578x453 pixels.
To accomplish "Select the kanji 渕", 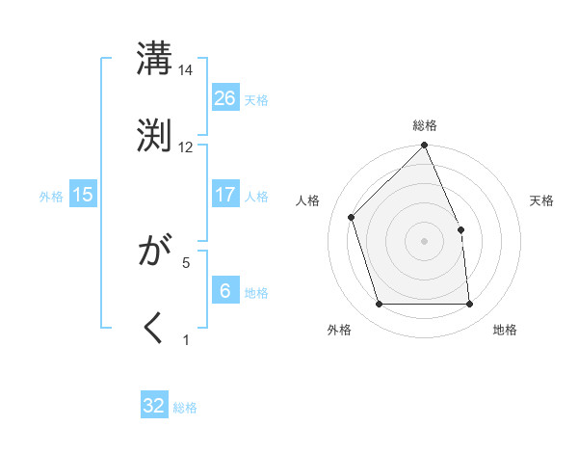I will [154, 134].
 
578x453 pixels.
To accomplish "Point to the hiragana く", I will [154, 328].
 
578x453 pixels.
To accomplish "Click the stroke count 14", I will [186, 70].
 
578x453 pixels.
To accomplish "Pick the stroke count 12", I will [186, 147].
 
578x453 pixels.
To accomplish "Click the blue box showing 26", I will [225, 97].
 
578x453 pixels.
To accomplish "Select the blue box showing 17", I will [225, 195].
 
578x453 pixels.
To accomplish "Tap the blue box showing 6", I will [225, 290].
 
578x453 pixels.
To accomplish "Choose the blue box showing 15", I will [83, 195].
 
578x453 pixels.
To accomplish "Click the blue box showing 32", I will [154, 406].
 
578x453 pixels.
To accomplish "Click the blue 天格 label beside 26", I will [256, 99].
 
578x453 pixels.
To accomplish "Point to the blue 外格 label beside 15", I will [51, 196].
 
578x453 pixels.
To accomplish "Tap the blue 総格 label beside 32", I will [185, 408].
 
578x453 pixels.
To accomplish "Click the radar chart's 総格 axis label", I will [425, 125].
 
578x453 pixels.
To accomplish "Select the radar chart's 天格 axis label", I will [542, 200].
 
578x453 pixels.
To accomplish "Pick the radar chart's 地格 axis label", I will [505, 330].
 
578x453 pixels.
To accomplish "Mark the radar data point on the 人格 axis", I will [352, 217].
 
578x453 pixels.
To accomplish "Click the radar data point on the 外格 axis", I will [380, 305].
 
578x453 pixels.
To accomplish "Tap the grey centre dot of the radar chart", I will [425, 241].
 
